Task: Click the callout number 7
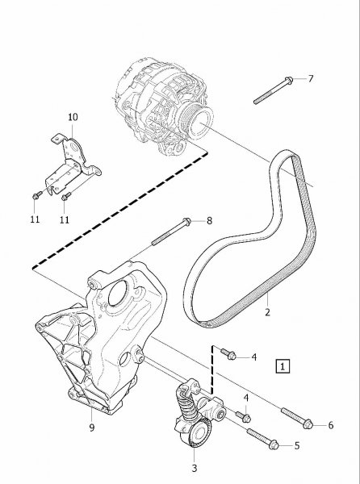[x=311, y=79]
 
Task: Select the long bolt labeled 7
[x=274, y=90]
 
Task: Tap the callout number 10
[x=73, y=117]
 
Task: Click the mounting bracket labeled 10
[x=73, y=163]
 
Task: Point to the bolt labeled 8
[x=171, y=232]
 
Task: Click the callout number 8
[x=209, y=221]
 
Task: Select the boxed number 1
[x=283, y=366]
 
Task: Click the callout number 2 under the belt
[x=267, y=312]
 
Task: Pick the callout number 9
[x=92, y=428]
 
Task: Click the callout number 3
[x=195, y=468]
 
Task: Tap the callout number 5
[x=297, y=446]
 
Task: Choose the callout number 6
[x=331, y=425]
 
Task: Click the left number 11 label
[x=35, y=219]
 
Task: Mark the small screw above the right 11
[x=66, y=196]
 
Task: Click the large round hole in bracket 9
[x=118, y=294]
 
